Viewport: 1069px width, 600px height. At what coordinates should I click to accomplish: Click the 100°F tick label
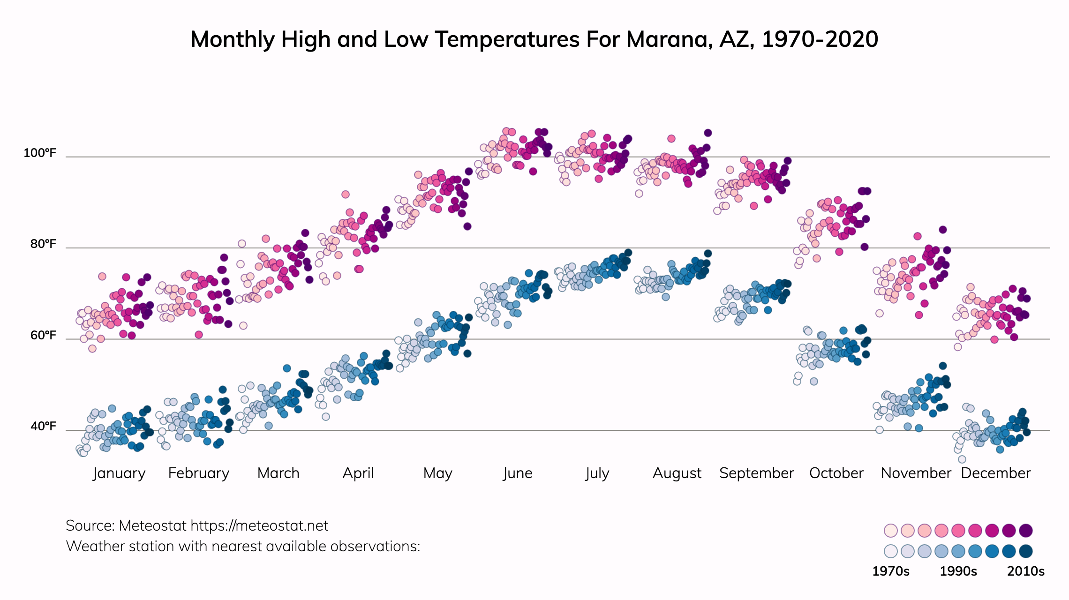(x=40, y=153)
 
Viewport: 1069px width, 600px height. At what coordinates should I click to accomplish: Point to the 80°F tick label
(x=43, y=244)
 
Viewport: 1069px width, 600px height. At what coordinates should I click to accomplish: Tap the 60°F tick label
(x=43, y=335)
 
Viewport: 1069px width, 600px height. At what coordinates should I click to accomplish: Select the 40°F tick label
(x=43, y=426)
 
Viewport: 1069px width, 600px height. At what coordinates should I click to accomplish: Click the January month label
(x=119, y=473)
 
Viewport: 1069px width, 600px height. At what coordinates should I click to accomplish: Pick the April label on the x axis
(x=358, y=473)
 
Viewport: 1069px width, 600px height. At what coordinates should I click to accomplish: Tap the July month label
(x=597, y=473)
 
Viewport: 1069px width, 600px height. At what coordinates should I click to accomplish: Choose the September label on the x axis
(x=756, y=473)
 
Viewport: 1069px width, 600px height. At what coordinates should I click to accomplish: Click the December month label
(x=995, y=473)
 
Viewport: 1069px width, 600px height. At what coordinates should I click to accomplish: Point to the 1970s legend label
(x=890, y=571)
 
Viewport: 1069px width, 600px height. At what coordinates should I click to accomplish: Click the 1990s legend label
(x=958, y=571)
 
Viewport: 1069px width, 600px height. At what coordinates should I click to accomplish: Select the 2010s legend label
(x=1026, y=571)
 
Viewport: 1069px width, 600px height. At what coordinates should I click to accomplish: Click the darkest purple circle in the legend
(x=1026, y=531)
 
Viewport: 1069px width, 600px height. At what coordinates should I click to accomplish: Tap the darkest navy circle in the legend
(x=1026, y=551)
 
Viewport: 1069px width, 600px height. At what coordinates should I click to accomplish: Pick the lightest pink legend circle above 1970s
(x=890, y=531)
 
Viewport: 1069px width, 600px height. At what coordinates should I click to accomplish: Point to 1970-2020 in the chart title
(x=820, y=39)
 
